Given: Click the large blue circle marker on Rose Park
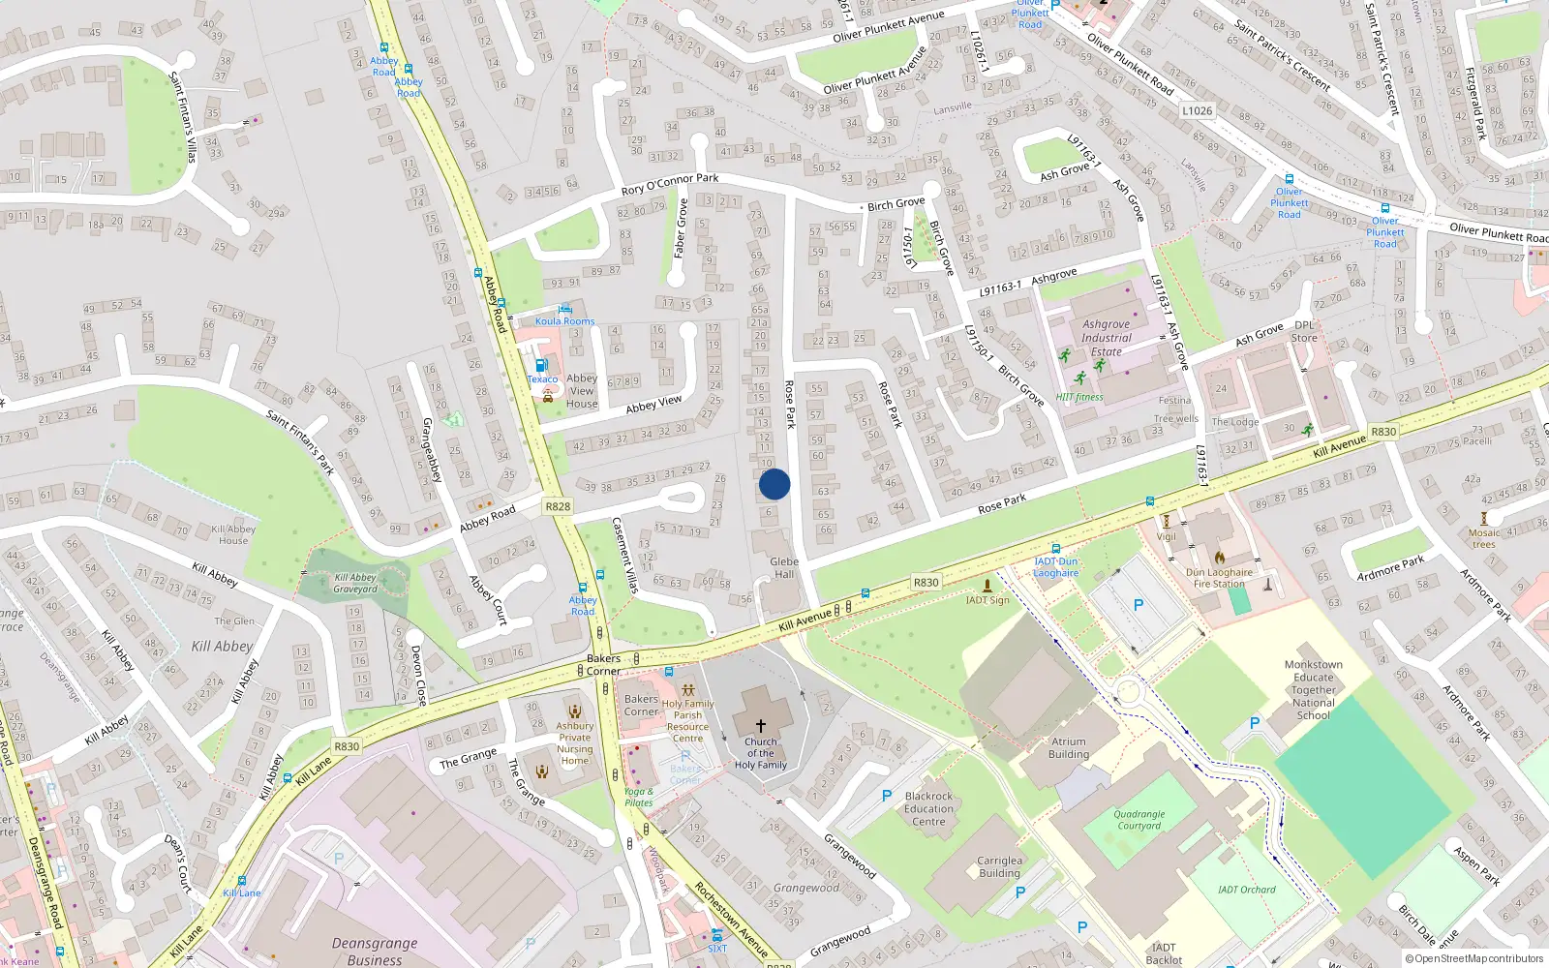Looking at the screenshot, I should (x=774, y=484).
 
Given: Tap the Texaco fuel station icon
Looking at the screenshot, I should (x=541, y=365).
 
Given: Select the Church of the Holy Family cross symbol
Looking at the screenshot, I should (x=761, y=725).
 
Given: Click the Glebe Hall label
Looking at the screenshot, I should (x=784, y=567).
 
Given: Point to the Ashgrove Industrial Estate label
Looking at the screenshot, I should (x=1107, y=338).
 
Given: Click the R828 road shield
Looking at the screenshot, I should (x=558, y=506).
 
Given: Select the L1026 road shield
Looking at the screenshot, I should (x=1197, y=111).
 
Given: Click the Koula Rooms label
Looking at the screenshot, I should (x=565, y=321).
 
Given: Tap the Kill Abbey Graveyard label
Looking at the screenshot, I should (x=355, y=583).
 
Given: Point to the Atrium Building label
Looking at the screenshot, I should (x=1069, y=747).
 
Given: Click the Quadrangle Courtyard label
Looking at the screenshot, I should (x=1139, y=820).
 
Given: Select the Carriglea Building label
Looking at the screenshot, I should (x=999, y=865).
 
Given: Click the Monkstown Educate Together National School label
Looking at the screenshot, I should (x=1313, y=689).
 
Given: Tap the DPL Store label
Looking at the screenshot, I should (x=1304, y=331).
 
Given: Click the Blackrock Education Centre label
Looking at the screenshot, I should (x=928, y=808).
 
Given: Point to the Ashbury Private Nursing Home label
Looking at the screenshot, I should (x=575, y=743).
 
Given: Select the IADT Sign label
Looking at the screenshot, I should (x=987, y=600).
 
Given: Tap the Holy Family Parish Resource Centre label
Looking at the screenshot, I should (x=687, y=721).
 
